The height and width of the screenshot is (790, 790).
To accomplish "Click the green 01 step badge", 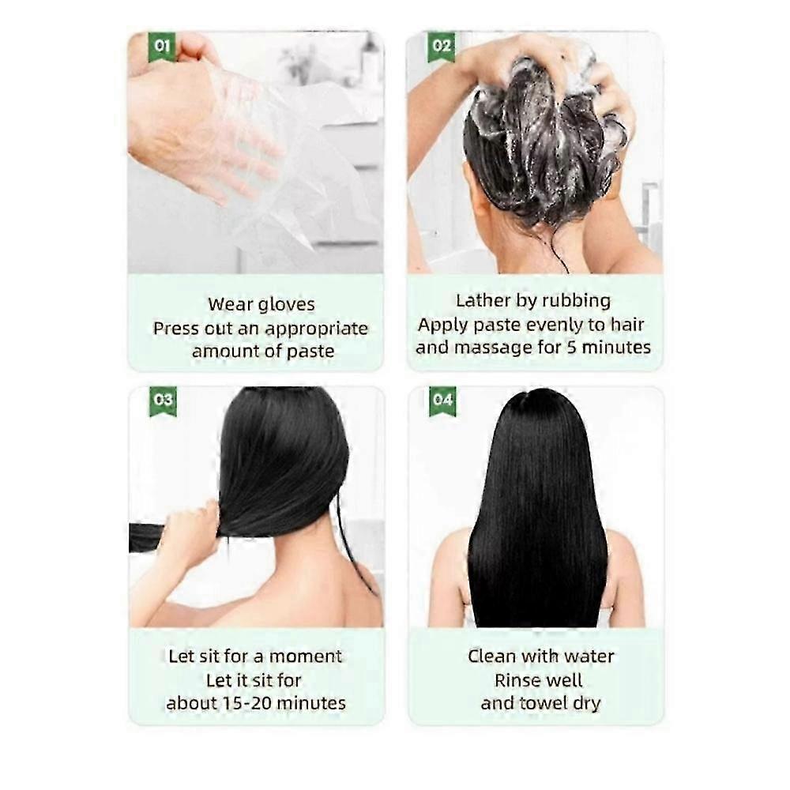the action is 162,47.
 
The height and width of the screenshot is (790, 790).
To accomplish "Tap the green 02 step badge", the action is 442,47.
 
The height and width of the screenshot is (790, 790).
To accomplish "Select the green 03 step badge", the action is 164,401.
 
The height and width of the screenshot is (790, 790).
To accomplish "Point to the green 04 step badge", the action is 443,401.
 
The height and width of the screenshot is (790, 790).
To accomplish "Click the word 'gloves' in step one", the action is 286,305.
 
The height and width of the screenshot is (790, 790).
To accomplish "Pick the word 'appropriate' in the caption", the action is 317,329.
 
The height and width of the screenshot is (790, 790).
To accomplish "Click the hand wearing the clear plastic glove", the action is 212,136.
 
